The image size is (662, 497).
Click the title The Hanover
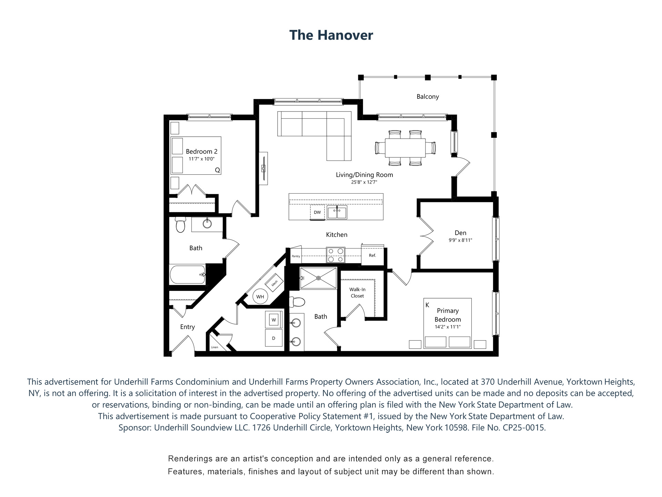331,35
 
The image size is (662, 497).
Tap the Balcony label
428,97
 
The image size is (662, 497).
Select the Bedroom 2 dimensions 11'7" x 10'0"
202,159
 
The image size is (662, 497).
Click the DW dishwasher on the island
317,212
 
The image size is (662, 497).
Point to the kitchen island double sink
337,212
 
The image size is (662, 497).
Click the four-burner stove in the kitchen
335,255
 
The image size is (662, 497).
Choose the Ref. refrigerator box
372,255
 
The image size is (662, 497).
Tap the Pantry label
296,256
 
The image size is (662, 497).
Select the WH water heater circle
260,297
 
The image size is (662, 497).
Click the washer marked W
274,320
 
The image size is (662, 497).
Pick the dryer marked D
274,338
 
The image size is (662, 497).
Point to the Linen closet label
214,347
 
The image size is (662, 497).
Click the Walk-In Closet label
358,293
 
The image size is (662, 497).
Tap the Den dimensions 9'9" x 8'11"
460,240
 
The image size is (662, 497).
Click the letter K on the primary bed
428,305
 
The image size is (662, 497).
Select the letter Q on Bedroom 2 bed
217,170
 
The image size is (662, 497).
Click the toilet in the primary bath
298,302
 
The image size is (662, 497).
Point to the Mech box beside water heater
274,283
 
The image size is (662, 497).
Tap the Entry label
188,327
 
